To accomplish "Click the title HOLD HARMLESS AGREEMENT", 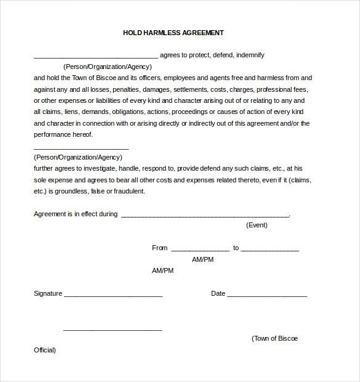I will pos(173,33).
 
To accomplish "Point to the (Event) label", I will pos(257,225).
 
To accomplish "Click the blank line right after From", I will pos(199,250).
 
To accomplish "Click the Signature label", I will pos(47,293).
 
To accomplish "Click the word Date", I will pos(218,293).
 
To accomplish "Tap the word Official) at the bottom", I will pos(44,350).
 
